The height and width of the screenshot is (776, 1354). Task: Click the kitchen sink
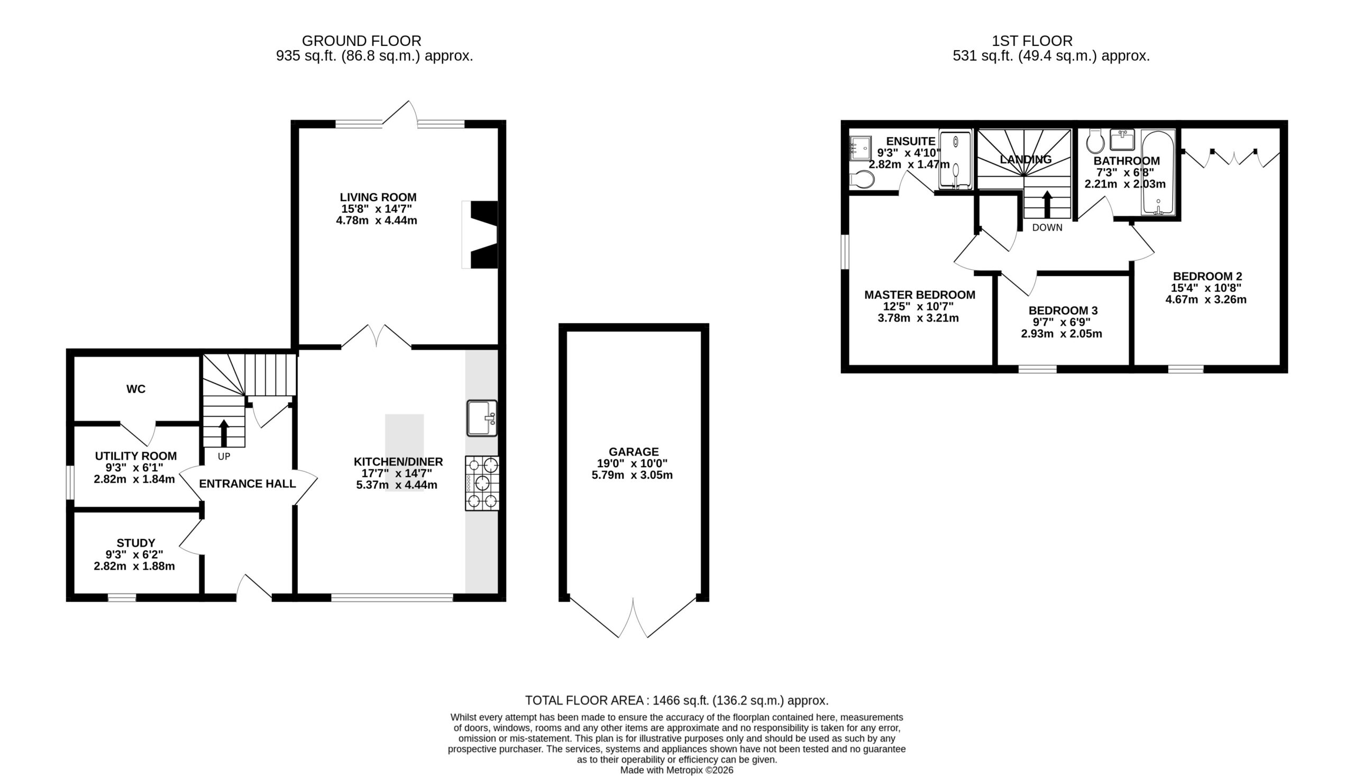click(x=482, y=418)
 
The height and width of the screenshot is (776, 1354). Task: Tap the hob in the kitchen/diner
click(x=482, y=483)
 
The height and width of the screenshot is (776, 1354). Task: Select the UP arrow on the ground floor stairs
click(x=224, y=433)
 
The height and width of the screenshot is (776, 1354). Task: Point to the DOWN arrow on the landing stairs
click(x=1047, y=204)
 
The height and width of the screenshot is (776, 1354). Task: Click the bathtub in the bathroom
click(x=1158, y=172)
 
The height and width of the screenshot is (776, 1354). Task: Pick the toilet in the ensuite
click(x=861, y=180)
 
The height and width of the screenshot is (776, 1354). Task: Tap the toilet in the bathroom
click(x=1095, y=141)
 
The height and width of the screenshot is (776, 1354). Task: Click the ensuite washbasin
click(x=860, y=148)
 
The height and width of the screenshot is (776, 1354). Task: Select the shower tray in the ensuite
click(x=955, y=160)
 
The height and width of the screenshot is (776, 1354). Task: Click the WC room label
click(x=136, y=389)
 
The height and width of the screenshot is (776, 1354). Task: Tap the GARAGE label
click(x=634, y=451)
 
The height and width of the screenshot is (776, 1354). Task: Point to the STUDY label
click(x=136, y=543)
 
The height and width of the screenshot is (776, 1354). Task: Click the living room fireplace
click(x=480, y=234)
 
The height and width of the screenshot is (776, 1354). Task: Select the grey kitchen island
click(x=405, y=452)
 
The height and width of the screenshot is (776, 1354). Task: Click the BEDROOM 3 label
click(x=1063, y=310)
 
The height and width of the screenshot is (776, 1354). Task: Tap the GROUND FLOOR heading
click(x=362, y=41)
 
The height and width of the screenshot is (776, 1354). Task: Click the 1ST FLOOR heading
click(x=1032, y=41)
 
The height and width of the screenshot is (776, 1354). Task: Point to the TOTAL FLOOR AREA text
click(x=676, y=700)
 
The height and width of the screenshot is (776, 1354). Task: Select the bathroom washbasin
click(x=1122, y=140)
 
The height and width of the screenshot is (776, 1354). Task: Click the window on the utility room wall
click(x=70, y=483)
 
